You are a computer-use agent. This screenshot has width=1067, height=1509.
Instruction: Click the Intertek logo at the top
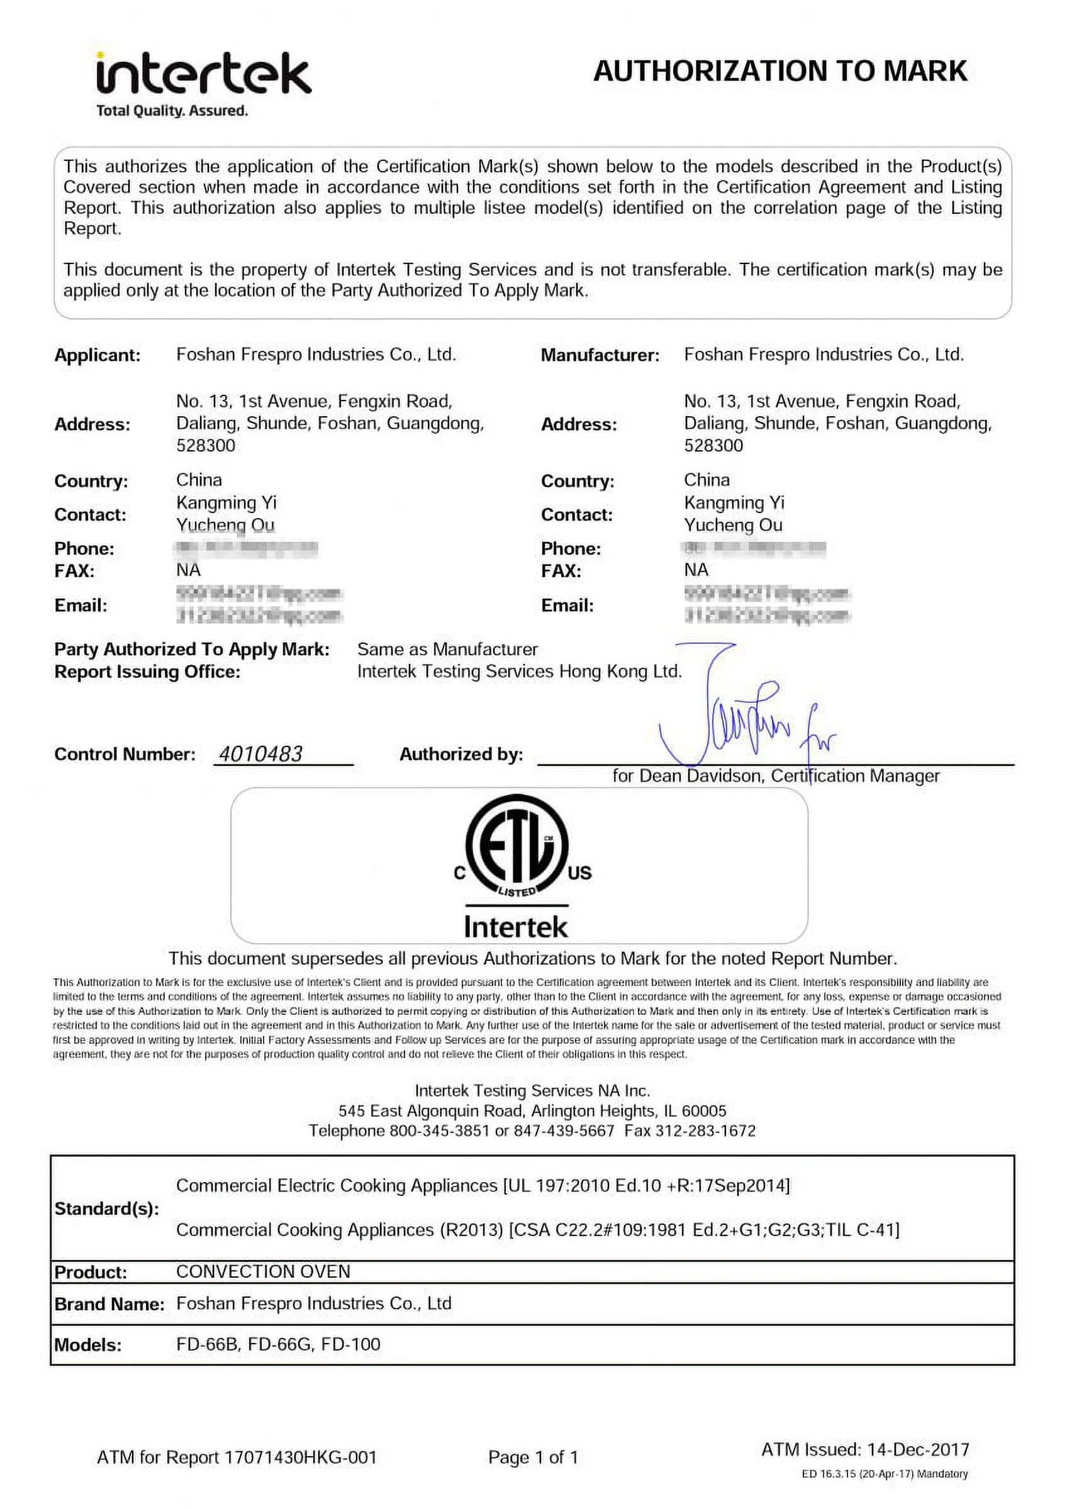pos(203,74)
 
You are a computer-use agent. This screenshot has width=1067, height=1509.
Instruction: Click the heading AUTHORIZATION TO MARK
pos(779,71)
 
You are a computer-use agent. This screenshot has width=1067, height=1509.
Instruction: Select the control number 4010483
pos(260,754)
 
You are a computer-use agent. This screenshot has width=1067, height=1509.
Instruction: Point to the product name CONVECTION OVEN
pos(263,1271)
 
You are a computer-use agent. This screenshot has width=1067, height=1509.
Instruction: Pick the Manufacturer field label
pos(600,356)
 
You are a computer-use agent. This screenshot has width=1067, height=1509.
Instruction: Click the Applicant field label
pos(98,356)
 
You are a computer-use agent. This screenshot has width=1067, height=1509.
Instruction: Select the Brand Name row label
pos(109,1304)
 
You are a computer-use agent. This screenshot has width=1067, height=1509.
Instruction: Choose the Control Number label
pos(125,754)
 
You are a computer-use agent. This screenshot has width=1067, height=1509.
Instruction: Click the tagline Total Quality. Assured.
pos(172,111)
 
